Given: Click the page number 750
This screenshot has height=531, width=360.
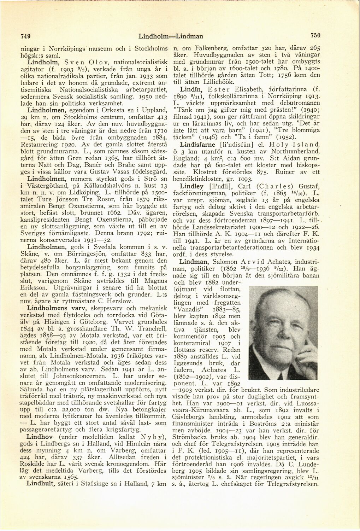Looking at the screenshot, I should pyautogui.click(x=315, y=35).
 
